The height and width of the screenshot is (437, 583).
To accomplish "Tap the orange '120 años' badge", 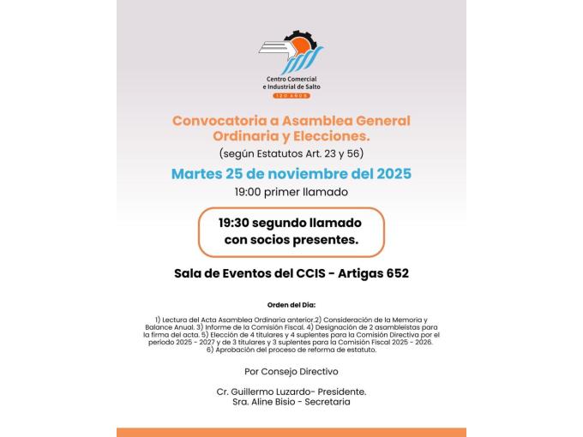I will pos(291,95).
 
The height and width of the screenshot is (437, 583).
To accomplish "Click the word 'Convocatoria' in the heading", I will pos(214,121).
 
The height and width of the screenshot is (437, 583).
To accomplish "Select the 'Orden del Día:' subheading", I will pos(291,304).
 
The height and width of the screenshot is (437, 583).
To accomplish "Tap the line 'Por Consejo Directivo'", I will pos(291,371).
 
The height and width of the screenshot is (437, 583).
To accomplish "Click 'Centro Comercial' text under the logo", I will pos(291,79).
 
